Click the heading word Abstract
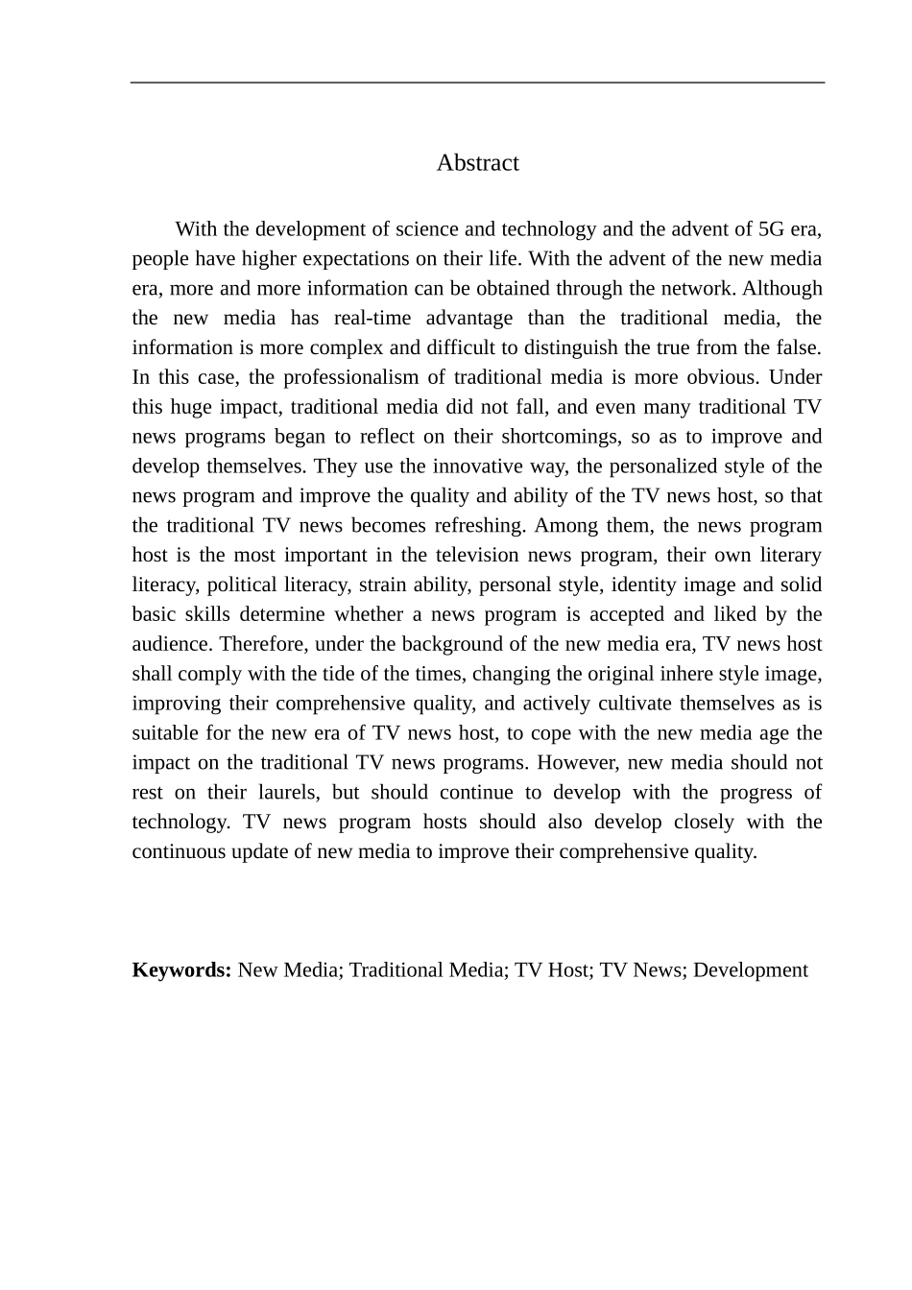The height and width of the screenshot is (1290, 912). tap(477, 163)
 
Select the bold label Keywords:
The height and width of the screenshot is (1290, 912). tap(181, 971)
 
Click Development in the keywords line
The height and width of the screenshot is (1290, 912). tap(750, 971)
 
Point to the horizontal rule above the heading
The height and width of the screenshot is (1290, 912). tap(477, 84)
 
